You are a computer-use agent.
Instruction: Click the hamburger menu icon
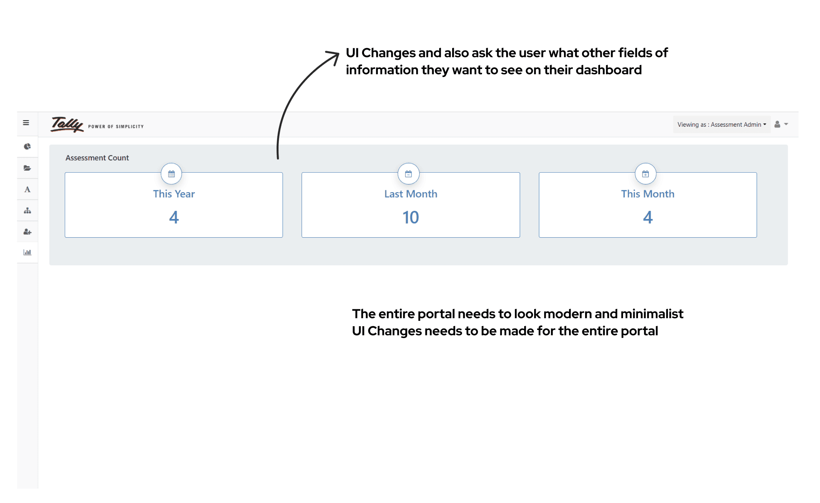coord(26,123)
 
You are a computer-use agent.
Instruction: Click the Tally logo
coord(67,124)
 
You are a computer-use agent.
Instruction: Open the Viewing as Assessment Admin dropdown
coord(722,124)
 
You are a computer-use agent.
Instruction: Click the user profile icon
coord(777,124)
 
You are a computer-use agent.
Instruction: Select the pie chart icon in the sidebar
coord(27,147)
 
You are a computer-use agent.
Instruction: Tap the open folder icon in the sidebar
coord(27,168)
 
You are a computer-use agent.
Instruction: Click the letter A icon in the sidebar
coord(27,189)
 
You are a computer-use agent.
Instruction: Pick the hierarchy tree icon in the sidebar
coord(27,211)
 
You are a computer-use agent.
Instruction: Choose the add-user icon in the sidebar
coord(27,232)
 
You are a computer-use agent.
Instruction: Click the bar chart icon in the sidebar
coord(27,252)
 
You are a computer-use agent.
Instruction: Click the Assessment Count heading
coord(97,158)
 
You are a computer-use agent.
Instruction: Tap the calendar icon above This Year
coord(171,174)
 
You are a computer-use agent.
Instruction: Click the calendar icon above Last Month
coord(408,174)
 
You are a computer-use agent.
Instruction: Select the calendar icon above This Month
coord(646,174)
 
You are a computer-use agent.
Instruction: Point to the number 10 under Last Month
coord(410,217)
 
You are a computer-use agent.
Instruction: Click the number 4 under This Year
coord(174,217)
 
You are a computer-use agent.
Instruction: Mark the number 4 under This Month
coord(648,217)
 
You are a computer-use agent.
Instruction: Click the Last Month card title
coord(410,194)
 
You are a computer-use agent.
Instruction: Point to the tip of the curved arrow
coord(338,53)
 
